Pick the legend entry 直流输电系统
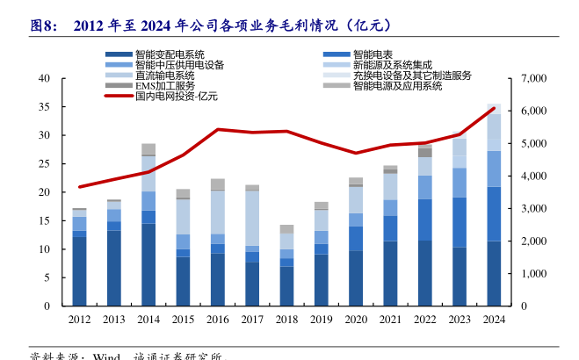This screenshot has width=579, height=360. coord(163,76)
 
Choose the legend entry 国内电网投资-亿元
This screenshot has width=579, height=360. coord(176,97)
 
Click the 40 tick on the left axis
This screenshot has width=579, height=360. coord(43,79)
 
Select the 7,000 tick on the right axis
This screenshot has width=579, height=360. coord(534,79)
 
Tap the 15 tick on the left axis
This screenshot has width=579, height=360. coord(43,221)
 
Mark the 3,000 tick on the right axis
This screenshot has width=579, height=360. coord(534,209)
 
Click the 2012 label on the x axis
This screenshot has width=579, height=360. coord(79,320)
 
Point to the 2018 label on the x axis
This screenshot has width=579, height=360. coord(286,320)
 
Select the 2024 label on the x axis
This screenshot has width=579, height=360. coord(494,320)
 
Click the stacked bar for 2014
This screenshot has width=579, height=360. coord(148,228)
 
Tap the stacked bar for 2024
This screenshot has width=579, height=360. coord(494,211)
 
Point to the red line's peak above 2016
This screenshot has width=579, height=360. coord(218,130)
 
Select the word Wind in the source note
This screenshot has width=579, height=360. coord(106,356)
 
